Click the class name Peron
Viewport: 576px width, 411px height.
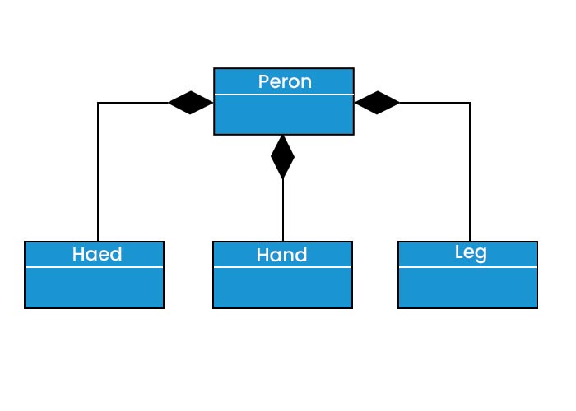coord(284,82)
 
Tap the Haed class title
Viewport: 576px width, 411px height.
coord(97,254)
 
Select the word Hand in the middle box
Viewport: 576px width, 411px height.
coord(282,255)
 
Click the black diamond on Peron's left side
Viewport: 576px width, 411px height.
coord(191,103)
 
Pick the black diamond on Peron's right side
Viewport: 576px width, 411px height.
coord(378,103)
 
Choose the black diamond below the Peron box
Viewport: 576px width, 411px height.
coord(283,156)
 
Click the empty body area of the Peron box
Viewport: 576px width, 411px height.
coord(284,115)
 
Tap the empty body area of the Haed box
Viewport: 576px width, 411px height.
coord(94,288)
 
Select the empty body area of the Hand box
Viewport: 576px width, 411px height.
coord(282,288)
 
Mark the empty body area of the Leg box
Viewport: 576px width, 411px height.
coord(467,288)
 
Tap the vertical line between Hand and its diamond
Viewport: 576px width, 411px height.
coord(283,210)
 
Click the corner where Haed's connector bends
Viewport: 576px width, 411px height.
coord(98,103)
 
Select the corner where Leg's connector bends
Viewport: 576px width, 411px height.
coord(470,103)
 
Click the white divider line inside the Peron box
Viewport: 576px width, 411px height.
coord(284,95)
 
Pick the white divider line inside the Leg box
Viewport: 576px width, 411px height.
coord(467,267)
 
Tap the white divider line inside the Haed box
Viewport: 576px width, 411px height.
coord(94,267)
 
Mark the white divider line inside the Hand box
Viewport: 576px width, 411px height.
coord(282,267)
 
